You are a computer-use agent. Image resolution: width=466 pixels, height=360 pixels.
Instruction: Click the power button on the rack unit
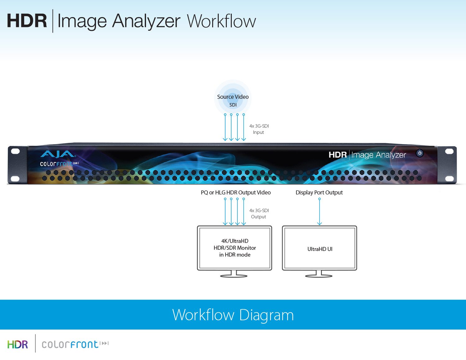[x=419, y=153]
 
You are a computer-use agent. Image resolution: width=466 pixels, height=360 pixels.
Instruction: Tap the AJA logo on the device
[x=58, y=154]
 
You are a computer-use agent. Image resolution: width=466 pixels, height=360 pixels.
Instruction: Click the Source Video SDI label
[x=233, y=101]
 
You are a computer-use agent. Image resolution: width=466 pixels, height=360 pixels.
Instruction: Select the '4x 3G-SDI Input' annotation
[x=259, y=129]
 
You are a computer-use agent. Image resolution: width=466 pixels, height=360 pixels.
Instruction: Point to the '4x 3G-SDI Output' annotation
[x=259, y=214]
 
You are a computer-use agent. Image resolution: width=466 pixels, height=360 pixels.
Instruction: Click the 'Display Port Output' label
[x=319, y=193]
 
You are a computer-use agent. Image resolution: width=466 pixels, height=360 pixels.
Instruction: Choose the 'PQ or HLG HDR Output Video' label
[x=236, y=193]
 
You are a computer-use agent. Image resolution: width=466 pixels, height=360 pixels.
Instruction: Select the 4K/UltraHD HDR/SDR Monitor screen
[x=235, y=248]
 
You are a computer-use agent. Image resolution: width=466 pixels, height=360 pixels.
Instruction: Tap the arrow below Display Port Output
[x=320, y=212]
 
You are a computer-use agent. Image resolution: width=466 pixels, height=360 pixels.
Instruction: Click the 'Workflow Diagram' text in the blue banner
[x=233, y=315]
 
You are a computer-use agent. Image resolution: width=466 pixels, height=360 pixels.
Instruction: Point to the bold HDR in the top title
[x=27, y=21]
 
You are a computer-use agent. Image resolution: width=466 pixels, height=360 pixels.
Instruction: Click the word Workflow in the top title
[x=222, y=21]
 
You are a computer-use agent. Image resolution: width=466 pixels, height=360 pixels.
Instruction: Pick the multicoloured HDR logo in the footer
[x=18, y=344]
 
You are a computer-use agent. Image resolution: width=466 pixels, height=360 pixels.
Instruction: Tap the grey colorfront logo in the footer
[x=75, y=344]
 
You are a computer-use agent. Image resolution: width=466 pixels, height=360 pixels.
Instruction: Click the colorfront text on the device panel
[x=59, y=164]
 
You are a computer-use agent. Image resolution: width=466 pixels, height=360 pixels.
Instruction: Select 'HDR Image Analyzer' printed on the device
[x=367, y=155]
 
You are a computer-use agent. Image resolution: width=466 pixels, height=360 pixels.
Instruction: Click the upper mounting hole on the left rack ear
[x=15, y=151]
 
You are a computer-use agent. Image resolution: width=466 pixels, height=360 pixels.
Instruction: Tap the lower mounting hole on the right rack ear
[x=449, y=178]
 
